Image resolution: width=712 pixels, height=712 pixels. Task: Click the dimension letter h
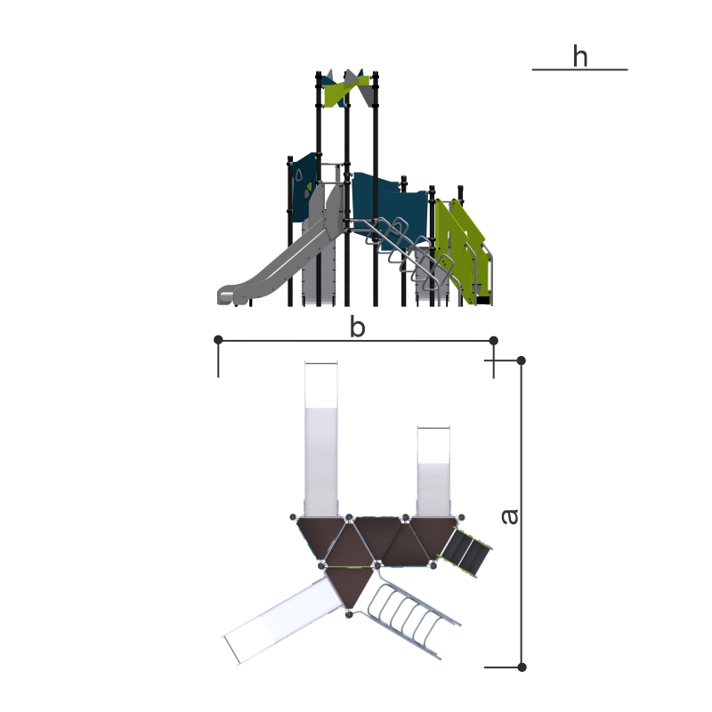click(x=580, y=56)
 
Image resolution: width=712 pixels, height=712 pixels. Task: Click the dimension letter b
click(x=358, y=327)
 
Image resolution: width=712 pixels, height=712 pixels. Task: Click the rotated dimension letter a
click(x=510, y=517)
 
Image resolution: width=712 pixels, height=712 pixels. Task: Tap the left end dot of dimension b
click(x=218, y=340)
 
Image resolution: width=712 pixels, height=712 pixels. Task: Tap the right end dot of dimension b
click(x=494, y=340)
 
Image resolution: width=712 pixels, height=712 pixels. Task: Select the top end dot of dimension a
click(x=522, y=360)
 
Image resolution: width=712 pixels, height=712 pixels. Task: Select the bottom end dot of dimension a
click(x=522, y=667)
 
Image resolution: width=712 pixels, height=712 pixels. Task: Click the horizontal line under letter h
click(x=580, y=69)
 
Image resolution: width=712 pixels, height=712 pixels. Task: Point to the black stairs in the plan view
click(x=466, y=551)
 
